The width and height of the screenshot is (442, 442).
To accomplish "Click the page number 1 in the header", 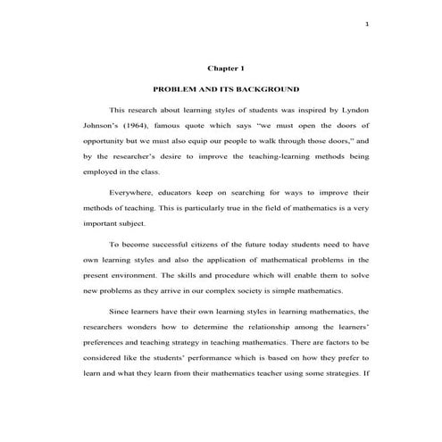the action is (x=367, y=23).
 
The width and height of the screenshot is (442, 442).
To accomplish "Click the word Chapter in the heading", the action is (x=220, y=68).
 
